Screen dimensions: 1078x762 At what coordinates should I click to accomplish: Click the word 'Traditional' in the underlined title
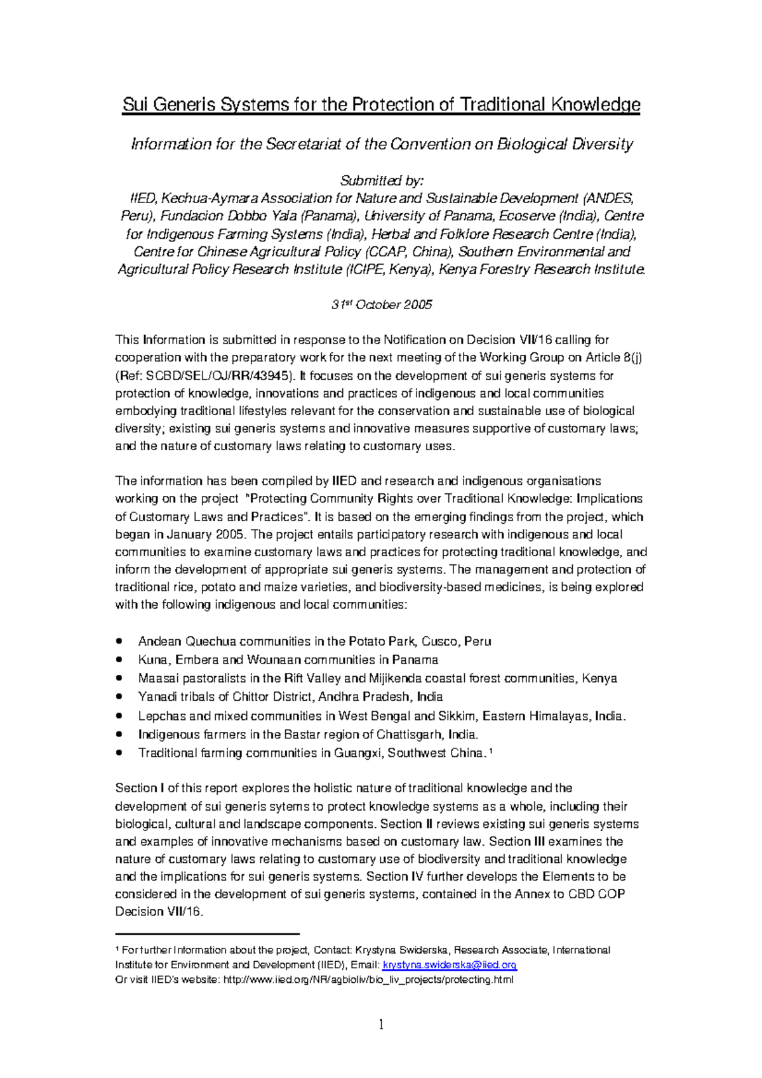tap(501, 105)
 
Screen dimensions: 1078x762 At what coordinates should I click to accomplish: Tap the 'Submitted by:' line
tap(381, 180)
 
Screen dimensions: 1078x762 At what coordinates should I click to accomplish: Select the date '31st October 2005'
tap(381, 305)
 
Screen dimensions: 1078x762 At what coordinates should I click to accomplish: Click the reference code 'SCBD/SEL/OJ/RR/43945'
tap(219, 376)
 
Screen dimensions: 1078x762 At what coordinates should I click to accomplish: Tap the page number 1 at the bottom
tap(381, 1025)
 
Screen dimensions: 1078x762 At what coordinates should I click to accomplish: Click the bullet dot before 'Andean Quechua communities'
tap(119, 641)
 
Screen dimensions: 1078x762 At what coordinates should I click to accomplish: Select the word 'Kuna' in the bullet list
tap(152, 660)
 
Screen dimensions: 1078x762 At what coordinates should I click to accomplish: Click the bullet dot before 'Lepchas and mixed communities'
tap(119, 715)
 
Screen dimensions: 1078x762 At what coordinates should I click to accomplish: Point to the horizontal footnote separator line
tap(207, 934)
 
